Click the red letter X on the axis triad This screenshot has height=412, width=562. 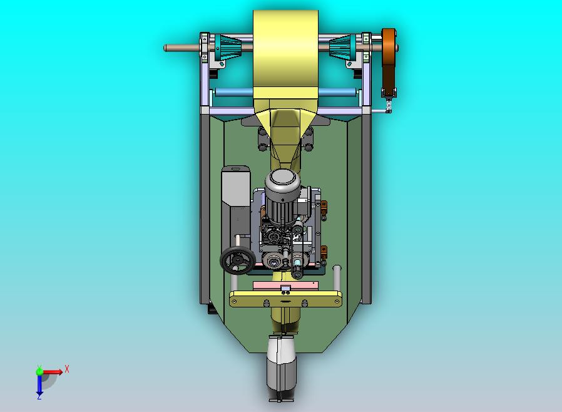coord(67,369)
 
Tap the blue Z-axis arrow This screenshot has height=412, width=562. coord(39,385)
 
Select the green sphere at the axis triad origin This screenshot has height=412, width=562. coord(39,371)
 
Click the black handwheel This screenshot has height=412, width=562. coord(238,260)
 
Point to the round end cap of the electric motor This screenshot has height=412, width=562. coord(282,178)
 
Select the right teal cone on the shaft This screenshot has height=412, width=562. coord(342,48)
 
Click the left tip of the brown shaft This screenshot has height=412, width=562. coord(165,48)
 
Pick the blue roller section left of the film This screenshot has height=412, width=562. coord(234,93)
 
